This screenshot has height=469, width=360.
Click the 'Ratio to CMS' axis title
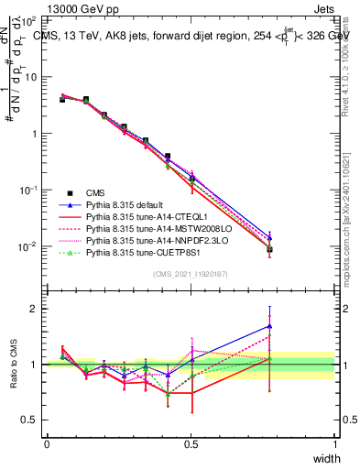[x=12, y=365]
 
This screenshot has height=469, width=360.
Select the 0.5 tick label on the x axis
[x=191, y=443]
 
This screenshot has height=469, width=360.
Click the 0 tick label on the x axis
[x=47, y=443]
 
